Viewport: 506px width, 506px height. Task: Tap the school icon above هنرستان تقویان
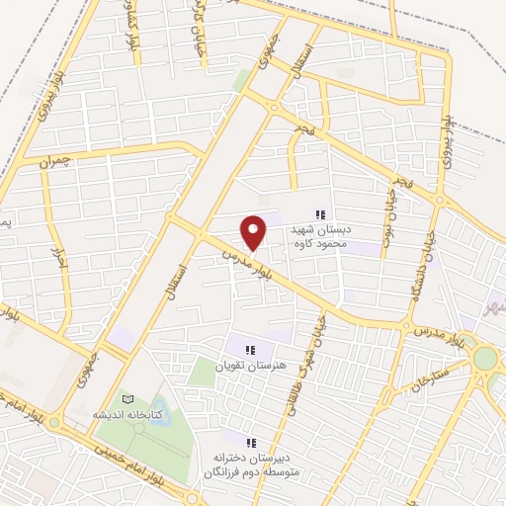(x=249, y=350)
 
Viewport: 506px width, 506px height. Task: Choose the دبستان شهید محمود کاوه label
(x=326, y=233)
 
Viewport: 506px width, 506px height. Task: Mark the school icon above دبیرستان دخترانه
(x=250, y=442)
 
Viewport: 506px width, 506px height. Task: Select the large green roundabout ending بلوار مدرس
(x=484, y=358)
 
